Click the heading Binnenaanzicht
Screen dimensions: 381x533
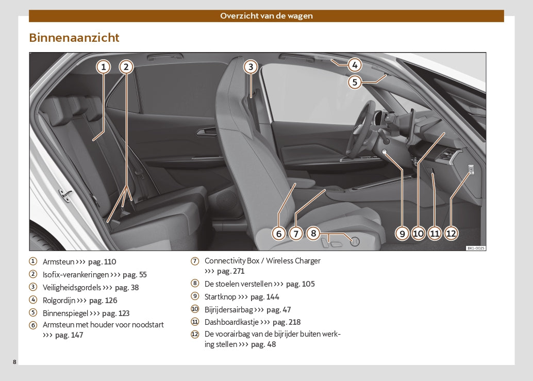74,38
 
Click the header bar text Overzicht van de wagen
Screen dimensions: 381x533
266,15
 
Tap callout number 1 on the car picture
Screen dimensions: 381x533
104,67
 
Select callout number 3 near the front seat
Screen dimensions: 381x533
250,67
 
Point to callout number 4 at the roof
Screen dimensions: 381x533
354,65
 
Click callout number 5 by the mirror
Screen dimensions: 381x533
354,82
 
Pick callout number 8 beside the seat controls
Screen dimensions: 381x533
313,233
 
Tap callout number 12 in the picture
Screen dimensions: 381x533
451,234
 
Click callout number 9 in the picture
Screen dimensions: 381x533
402,234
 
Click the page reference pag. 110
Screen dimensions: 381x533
102,262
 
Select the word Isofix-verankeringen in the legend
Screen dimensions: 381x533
75,275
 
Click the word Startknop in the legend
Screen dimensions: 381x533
220,297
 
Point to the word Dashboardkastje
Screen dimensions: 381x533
230,322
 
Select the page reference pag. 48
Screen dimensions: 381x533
263,344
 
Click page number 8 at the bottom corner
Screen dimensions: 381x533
15,362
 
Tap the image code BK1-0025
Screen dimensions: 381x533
475,248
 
